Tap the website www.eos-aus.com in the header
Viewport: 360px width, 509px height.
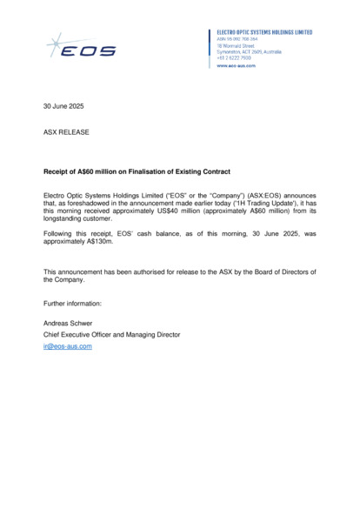point(236,65)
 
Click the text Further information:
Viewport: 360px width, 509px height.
point(73,303)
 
